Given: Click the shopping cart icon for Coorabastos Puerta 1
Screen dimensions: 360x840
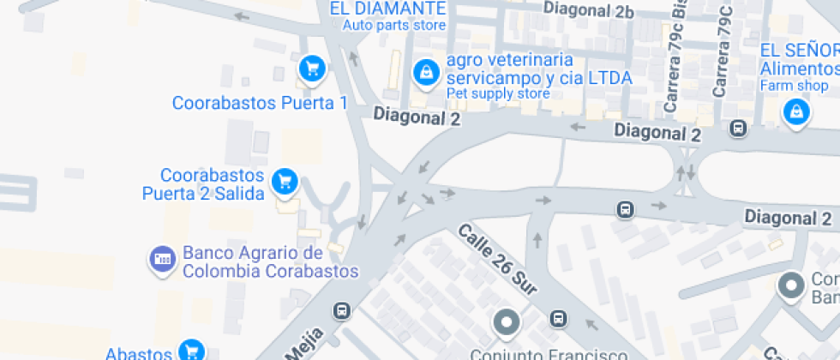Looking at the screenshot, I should [311, 68].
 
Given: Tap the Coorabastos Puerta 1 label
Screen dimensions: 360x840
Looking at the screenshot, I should [260, 104].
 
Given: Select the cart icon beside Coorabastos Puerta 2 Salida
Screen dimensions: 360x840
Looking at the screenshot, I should [285, 181].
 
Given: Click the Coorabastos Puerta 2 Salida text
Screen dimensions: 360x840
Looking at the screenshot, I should [203, 184].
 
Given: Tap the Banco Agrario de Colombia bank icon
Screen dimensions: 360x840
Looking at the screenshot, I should [161, 258].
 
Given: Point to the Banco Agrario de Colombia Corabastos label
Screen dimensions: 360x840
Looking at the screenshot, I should [269, 263].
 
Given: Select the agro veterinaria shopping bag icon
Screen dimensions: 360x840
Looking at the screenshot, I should [425, 73].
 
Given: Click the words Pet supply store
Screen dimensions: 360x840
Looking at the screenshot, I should [497, 93].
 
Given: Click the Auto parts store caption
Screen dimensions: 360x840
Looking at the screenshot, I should [394, 25].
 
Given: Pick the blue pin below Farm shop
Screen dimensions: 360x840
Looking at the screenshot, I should [797, 111].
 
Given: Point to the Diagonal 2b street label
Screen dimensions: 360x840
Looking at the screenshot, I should [588, 11].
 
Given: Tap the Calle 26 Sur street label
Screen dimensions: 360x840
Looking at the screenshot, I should [497, 262].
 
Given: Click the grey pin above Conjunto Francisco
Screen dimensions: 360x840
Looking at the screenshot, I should [507, 323].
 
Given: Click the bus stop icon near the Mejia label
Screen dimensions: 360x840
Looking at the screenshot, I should [343, 310].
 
